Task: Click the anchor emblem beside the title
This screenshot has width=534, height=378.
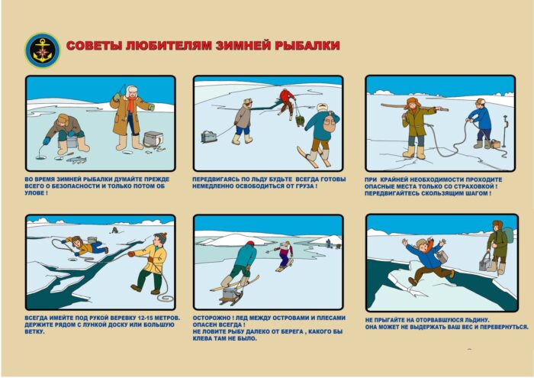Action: coord(43,50)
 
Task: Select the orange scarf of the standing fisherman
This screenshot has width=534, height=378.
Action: coord(131,104)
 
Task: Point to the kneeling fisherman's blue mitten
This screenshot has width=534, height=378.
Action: coord(47,141)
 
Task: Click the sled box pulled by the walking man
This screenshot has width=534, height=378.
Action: coord(209,137)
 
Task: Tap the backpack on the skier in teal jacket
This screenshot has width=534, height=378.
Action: coord(328,123)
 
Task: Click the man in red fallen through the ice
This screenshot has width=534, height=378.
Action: coord(287,102)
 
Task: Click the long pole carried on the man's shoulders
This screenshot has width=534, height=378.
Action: coord(414,108)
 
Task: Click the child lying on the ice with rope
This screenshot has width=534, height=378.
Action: coord(85,245)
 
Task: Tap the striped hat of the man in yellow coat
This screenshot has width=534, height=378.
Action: coord(161,237)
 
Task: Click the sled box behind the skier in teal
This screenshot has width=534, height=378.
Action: coord(230,296)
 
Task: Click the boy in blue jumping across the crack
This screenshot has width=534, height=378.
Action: coord(428,261)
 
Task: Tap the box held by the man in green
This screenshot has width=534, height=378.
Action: coord(485,263)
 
